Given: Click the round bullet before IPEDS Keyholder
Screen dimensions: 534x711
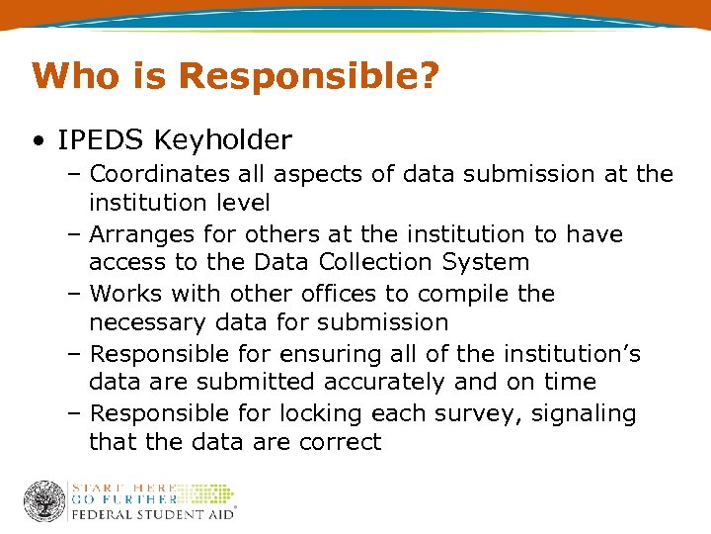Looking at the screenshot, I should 37,141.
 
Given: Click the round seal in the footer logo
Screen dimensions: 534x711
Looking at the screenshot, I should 44,501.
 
